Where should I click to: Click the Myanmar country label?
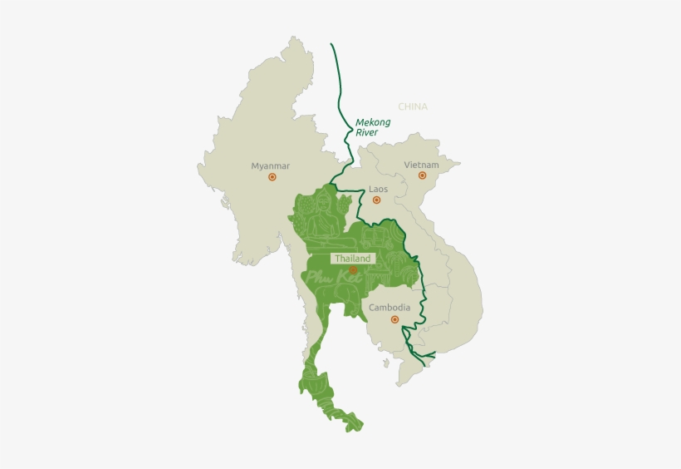click(270, 165)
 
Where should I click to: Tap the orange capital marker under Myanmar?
click(271, 177)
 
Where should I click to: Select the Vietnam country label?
click(421, 165)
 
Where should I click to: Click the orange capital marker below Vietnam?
click(422, 175)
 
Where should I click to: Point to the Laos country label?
click(378, 189)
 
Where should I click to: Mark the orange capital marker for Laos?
click(376, 200)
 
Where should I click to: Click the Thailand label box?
click(353, 259)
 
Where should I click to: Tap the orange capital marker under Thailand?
click(353, 270)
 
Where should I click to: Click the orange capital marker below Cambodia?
click(394, 318)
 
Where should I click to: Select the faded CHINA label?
click(413, 106)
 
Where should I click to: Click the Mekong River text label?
click(372, 126)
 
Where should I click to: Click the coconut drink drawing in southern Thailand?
click(313, 383)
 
